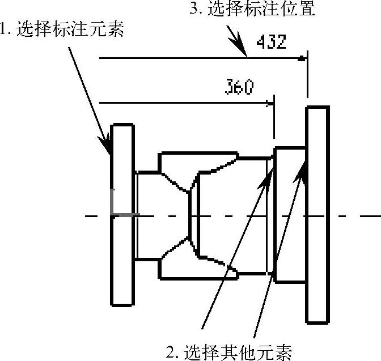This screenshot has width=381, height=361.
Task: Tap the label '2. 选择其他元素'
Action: pyautogui.click(x=229, y=352)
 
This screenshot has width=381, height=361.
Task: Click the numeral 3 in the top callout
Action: pyautogui.click(x=196, y=9)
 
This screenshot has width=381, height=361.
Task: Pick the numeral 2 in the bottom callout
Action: pyautogui.click(x=170, y=353)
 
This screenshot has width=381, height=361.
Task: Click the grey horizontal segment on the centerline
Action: pyautogui.click(x=125, y=215)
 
